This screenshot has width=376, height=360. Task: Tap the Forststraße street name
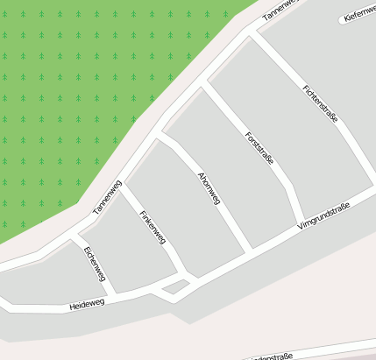tap(260, 148)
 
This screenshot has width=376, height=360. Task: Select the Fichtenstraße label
tap(319, 103)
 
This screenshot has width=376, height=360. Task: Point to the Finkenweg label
tap(153, 230)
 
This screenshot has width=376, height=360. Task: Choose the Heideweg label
tap(87, 304)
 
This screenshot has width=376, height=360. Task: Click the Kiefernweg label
tap(359, 14)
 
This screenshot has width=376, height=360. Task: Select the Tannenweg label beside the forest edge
tap(107, 197)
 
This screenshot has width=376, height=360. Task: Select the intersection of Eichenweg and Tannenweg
tap(75, 236)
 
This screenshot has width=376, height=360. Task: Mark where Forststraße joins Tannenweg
tap(205, 82)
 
